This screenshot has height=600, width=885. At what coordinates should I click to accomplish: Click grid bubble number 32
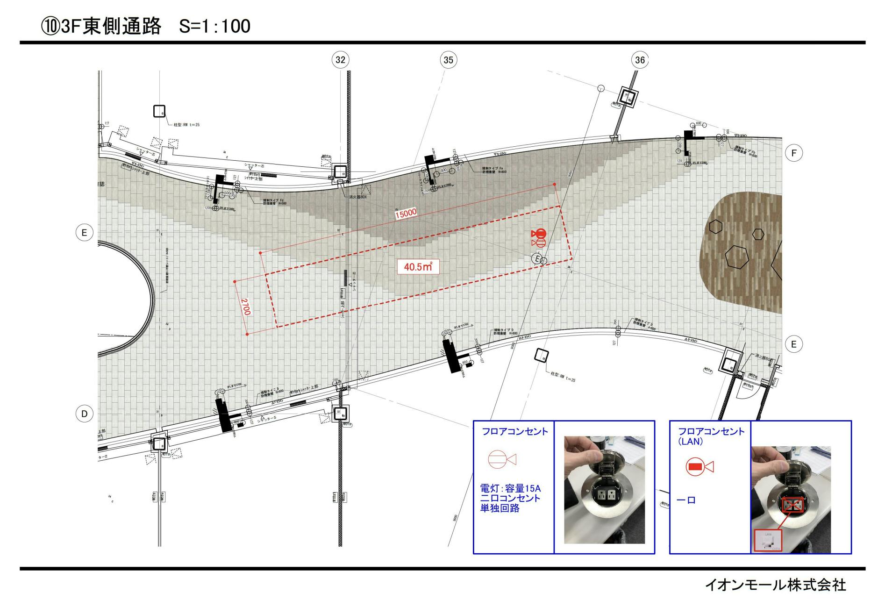click(340, 59)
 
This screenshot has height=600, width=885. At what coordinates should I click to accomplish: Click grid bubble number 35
click(448, 60)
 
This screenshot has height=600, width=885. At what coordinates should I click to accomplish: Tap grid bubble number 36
click(640, 60)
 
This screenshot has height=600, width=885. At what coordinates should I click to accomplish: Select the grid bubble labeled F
click(793, 153)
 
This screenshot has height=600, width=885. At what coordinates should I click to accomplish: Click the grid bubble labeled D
click(84, 414)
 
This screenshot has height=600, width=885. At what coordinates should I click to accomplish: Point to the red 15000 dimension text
click(406, 214)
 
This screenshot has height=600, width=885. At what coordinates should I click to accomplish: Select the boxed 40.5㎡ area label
click(418, 267)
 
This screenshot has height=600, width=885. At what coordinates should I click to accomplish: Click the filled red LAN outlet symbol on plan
click(540, 233)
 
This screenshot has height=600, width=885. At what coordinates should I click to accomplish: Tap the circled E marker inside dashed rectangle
click(537, 259)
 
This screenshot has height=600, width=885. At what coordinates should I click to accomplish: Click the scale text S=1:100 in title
click(214, 26)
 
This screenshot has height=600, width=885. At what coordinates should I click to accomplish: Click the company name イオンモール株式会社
click(775, 585)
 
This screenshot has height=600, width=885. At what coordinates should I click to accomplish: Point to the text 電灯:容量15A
click(510, 488)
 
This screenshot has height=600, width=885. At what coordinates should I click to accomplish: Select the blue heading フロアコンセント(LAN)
click(711, 436)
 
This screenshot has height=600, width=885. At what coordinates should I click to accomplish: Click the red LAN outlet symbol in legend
click(699, 466)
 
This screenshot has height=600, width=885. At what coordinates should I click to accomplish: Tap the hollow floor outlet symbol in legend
click(501, 459)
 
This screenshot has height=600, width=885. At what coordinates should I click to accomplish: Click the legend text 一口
click(686, 500)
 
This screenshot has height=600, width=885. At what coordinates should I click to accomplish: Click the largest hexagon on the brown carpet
click(737, 257)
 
